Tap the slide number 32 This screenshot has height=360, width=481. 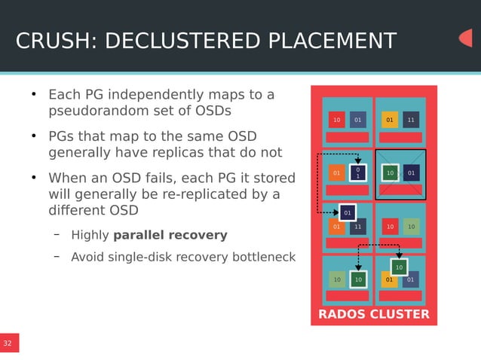pyautogui.click(x=8, y=343)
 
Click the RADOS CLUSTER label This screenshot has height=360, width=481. pyautogui.click(x=373, y=314)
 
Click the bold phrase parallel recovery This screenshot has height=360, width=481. pyautogui.click(x=170, y=235)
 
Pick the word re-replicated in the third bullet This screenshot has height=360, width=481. pyautogui.click(x=209, y=195)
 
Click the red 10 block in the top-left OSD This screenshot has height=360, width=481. pyautogui.click(x=337, y=120)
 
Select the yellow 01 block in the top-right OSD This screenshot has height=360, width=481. pyautogui.click(x=390, y=120)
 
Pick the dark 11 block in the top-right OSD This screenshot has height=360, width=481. pyautogui.click(x=411, y=120)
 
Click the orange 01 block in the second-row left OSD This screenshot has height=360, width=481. pyautogui.click(x=337, y=173)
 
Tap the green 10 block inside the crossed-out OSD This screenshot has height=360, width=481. pyautogui.click(x=390, y=173)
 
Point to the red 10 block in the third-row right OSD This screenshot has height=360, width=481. pyautogui.click(x=390, y=227)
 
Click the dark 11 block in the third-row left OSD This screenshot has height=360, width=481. pyautogui.click(x=358, y=227)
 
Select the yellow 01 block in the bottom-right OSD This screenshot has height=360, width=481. pyautogui.click(x=389, y=280)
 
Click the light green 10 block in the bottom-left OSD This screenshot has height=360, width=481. pyautogui.click(x=337, y=280)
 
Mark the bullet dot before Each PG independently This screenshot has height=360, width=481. pyautogui.click(x=33, y=95)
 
